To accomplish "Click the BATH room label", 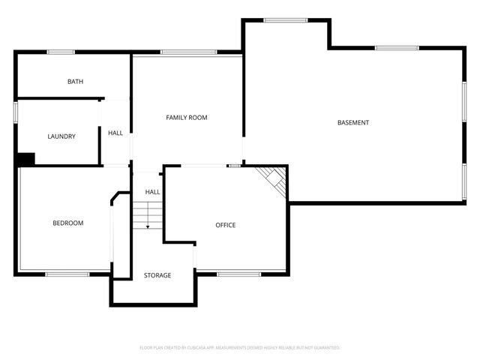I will (x=75, y=82).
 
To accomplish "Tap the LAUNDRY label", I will (x=61, y=136).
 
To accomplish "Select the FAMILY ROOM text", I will (x=187, y=118).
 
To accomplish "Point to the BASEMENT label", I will (x=353, y=122).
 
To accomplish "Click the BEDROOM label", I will (x=67, y=223).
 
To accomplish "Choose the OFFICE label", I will (x=226, y=225).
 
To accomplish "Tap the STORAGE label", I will (x=157, y=275).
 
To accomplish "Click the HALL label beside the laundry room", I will (x=115, y=133).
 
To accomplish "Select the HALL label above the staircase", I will (x=152, y=192).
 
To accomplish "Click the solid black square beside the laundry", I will (x=25, y=160).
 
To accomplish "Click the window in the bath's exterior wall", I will (x=61, y=52).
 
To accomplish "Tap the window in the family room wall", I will (x=188, y=52).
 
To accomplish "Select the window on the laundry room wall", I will (x=16, y=112).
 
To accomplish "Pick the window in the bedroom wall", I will (x=67, y=274).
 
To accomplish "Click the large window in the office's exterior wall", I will (x=238, y=274).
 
